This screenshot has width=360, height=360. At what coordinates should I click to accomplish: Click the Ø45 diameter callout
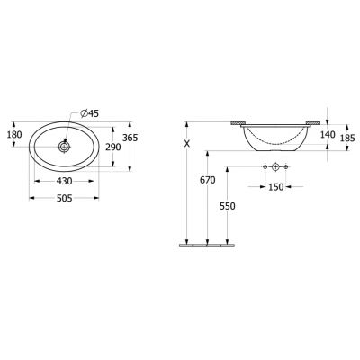pyautogui.click(x=90, y=113)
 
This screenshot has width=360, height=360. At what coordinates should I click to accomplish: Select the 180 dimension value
pyautogui.click(x=14, y=135)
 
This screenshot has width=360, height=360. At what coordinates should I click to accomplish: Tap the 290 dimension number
pyautogui.click(x=112, y=147)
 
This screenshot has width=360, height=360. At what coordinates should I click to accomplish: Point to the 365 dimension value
pyautogui.click(x=130, y=138)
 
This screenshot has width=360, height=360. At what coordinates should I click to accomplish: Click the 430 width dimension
pyautogui.click(x=64, y=181)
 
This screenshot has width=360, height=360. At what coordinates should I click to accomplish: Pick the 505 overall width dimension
pyautogui.click(x=64, y=198)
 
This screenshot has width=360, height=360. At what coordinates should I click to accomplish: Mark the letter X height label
pyautogui.click(x=187, y=144)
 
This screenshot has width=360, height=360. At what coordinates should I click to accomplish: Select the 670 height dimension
pyautogui.click(x=208, y=180)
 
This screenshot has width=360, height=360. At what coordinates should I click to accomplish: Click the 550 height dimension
pyautogui.click(x=228, y=206)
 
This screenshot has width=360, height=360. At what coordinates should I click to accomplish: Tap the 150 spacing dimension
pyautogui.click(x=275, y=187)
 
